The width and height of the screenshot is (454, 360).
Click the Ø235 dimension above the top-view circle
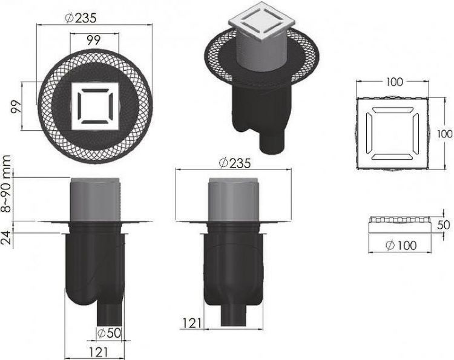click(80, 18)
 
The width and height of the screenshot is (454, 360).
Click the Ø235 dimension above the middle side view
click(234, 164)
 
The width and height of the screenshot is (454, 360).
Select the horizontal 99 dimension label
click(93, 40)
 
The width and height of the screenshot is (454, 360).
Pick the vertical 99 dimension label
click(16, 106)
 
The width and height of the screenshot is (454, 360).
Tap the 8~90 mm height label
click(7, 184)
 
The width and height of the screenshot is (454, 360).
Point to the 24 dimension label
click(7, 238)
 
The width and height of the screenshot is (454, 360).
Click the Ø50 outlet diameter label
click(109, 333)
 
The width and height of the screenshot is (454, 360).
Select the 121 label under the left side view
click(98, 352)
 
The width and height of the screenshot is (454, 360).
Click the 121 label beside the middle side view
click(192, 323)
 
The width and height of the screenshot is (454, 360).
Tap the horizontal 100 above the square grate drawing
click(394, 82)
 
